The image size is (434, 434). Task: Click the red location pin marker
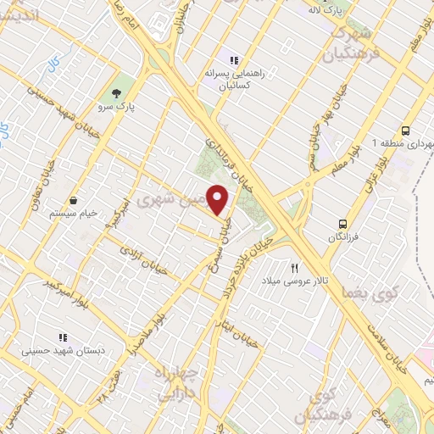pyautogui.click(x=218, y=199)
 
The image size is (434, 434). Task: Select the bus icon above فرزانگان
pyautogui.click(x=343, y=224)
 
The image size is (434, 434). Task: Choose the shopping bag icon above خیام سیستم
pyautogui.click(x=77, y=200)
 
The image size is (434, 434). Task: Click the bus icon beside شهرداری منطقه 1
pyautogui.click(x=406, y=131)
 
